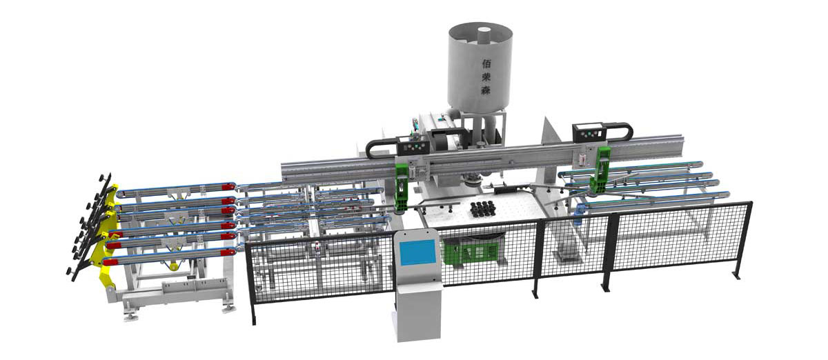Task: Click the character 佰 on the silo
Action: [487, 63]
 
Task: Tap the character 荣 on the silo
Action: [486, 77]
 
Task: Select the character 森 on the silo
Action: [486, 90]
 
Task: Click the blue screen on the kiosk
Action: [417, 252]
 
